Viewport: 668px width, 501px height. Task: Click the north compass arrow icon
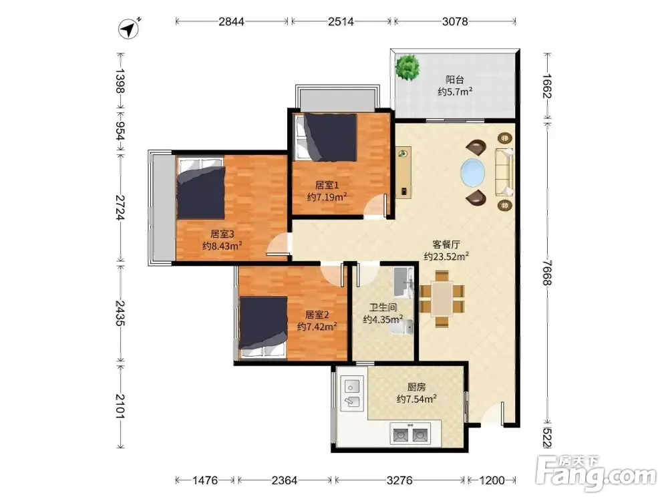point(129,29)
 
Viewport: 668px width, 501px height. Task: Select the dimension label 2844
point(231,21)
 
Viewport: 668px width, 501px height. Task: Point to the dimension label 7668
point(547,273)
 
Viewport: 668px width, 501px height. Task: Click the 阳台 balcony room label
point(454,79)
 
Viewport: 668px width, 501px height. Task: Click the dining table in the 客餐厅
point(442,299)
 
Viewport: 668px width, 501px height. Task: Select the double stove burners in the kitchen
point(410,434)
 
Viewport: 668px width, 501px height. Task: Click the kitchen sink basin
point(352,393)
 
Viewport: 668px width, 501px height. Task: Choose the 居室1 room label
point(327,185)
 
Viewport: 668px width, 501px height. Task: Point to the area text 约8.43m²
point(222,246)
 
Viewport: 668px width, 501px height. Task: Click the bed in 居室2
point(263,327)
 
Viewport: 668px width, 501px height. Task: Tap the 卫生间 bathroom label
point(383,307)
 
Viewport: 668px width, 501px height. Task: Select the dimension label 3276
point(399,480)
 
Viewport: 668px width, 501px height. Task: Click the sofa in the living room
point(504,172)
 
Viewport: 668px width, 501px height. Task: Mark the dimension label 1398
point(120,81)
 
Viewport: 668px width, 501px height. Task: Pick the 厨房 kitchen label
point(416,387)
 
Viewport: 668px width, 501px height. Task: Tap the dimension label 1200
point(492,480)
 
